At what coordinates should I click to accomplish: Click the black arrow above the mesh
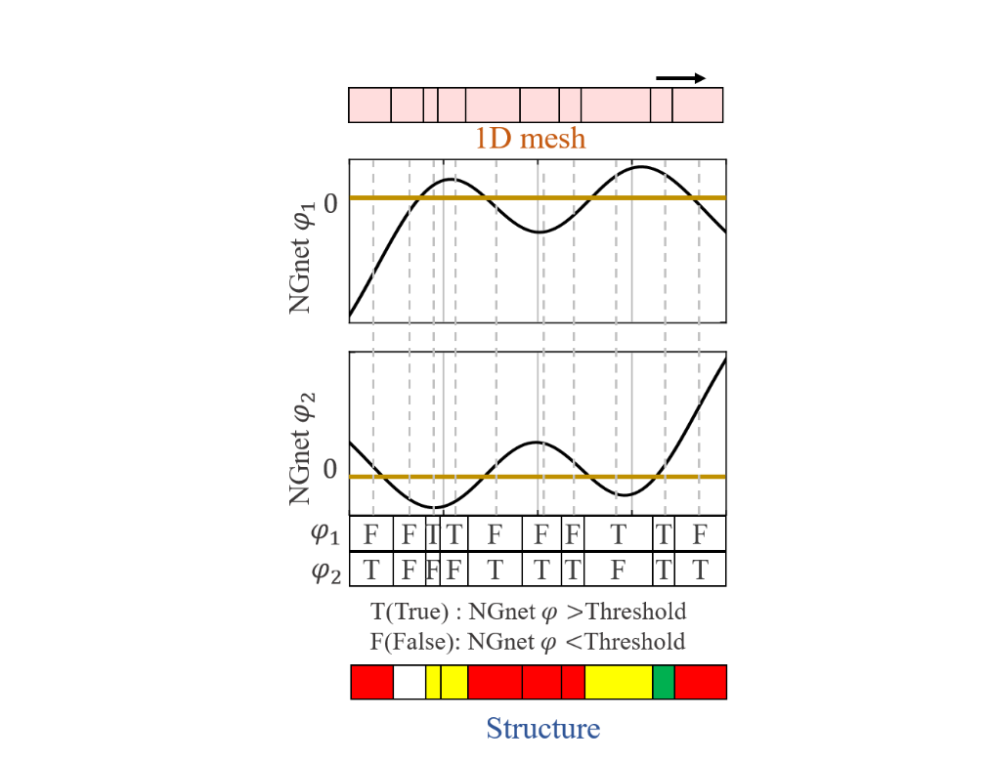680,78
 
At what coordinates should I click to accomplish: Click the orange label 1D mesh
531,139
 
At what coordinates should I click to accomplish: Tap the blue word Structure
542,728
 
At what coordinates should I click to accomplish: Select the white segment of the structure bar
410,682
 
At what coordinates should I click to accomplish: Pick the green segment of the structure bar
664,682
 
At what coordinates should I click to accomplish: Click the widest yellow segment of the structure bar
619,682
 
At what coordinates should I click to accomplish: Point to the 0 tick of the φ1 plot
329,203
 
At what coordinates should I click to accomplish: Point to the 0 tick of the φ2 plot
329,470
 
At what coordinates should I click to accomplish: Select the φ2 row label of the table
325,571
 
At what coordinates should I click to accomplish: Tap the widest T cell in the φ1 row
618,534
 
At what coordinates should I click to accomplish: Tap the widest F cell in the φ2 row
618,570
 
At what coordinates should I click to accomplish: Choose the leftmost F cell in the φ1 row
370,534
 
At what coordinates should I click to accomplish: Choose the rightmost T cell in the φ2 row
700,570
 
